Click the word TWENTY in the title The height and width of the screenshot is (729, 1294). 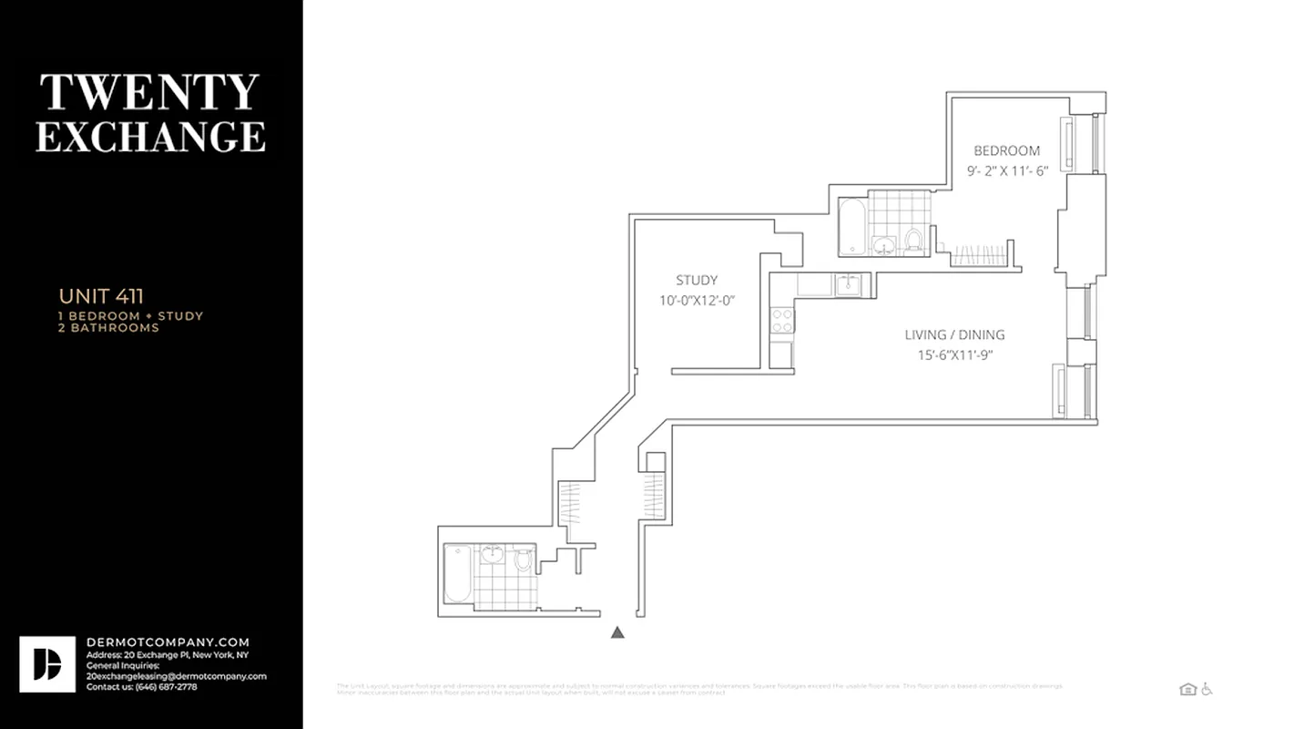[x=149, y=93]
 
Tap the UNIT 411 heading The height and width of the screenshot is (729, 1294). [x=101, y=296]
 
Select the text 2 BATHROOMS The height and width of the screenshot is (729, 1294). [x=108, y=328]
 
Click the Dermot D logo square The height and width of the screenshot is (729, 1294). [x=47, y=664]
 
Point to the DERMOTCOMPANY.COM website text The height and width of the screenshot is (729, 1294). [x=168, y=642]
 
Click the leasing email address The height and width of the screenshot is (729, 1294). [x=176, y=676]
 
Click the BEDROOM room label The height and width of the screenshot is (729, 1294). [x=1006, y=151]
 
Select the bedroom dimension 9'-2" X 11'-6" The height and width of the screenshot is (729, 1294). [x=1007, y=170]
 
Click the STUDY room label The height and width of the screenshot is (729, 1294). [x=697, y=281]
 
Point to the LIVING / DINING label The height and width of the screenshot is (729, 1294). [x=954, y=335]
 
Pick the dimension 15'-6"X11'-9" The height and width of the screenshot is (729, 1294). [x=954, y=355]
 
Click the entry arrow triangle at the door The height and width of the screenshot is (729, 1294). [x=617, y=631]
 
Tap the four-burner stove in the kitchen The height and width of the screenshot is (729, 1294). [x=782, y=320]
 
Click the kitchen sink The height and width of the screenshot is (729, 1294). [x=849, y=284]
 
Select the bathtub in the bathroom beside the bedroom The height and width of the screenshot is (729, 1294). [x=852, y=226]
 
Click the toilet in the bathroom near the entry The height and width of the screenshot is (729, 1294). [x=523, y=559]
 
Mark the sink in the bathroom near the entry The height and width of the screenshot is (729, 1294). [x=493, y=554]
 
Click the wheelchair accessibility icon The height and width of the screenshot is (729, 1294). [x=1207, y=689]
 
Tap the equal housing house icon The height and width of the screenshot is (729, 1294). [x=1187, y=689]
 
